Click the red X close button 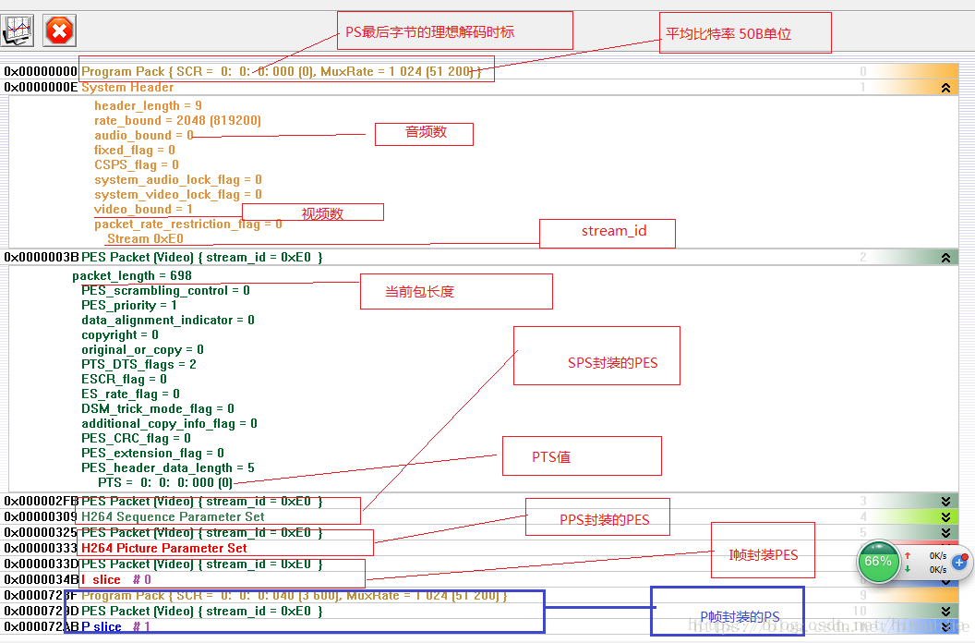[59, 30]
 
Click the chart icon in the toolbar [18, 30]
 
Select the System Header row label [127, 88]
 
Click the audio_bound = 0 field [144, 136]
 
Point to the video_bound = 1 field [144, 210]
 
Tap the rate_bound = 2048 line [177, 121]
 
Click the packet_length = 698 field [132, 276]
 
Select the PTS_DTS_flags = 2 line [138, 365]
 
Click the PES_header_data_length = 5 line [168, 468]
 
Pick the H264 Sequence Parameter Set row [173, 517]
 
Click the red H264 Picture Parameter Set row [164, 548]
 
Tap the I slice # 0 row [116, 579]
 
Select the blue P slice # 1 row [115, 627]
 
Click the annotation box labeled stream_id [608, 233]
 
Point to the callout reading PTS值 [582, 456]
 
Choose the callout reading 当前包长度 [456, 291]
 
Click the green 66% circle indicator [878, 562]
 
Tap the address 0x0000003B [41, 258]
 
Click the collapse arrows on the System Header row [945, 88]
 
